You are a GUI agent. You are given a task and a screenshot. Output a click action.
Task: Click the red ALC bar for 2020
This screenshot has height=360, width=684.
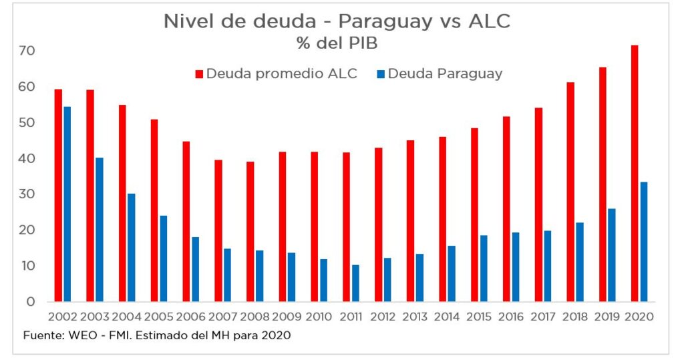pyautogui.click(x=635, y=174)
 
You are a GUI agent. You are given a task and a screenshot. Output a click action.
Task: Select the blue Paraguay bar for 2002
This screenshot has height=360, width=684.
pyautogui.click(x=67, y=204)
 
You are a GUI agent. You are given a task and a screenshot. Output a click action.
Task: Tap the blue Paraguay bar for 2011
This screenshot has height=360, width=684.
pyautogui.click(x=355, y=283)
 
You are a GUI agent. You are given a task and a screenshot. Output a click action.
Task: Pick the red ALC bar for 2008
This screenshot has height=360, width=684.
pyautogui.click(x=250, y=231)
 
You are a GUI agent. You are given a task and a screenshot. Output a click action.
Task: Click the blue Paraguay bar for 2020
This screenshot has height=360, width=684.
pyautogui.click(x=644, y=242)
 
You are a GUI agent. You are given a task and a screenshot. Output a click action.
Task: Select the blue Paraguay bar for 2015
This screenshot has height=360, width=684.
pyautogui.click(x=484, y=268)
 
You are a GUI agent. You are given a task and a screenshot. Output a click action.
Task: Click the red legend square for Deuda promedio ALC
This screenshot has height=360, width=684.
pyautogui.click(x=198, y=74)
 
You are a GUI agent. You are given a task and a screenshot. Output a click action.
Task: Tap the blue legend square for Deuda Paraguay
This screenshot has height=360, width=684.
pyautogui.click(x=380, y=74)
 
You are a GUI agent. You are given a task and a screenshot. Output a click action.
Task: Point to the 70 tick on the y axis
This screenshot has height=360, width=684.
pyautogui.click(x=26, y=51)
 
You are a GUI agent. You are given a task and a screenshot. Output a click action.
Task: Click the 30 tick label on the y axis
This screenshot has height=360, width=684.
pyautogui.click(x=26, y=194)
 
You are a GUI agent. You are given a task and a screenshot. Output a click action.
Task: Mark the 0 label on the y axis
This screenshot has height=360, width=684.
pyautogui.click(x=30, y=302)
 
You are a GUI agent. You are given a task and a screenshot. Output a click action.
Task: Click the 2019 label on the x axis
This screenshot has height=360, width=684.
pyautogui.click(x=607, y=317)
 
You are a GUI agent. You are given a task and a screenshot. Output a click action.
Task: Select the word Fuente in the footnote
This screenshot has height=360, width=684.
pyautogui.click(x=42, y=336)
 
